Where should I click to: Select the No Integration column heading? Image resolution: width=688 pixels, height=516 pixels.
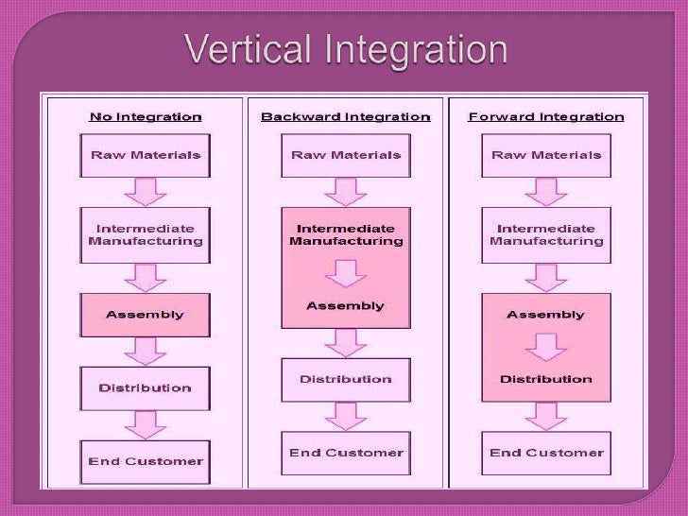(146, 117)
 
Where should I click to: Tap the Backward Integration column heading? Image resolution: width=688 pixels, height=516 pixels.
(345, 117)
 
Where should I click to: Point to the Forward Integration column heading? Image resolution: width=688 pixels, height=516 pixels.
(546, 117)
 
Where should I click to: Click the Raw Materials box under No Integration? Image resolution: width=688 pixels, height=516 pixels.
(146, 155)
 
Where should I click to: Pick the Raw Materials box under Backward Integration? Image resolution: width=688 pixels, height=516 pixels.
(345, 155)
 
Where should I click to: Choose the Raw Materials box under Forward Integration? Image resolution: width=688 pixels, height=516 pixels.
(546, 155)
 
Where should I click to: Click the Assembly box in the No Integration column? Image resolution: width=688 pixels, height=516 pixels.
(146, 315)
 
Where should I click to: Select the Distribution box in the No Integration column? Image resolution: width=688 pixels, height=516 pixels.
(146, 387)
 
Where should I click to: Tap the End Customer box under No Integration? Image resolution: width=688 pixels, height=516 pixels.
(146, 461)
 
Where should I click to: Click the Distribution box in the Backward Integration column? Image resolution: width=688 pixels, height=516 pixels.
(345, 380)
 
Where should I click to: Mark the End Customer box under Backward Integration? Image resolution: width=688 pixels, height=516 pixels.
(345, 454)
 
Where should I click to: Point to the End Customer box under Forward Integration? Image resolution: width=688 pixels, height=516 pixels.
(546, 454)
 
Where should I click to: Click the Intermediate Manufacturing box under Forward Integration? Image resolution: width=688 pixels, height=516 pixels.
(546, 234)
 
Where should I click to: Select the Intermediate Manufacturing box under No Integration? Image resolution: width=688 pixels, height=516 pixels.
(146, 234)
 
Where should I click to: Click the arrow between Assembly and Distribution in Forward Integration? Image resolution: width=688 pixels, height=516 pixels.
(546, 348)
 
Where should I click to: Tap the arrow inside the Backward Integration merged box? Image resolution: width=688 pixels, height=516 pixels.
(345, 273)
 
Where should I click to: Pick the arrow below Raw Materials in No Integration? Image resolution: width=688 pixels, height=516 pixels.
(146, 192)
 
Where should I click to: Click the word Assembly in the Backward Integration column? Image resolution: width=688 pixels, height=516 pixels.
(345, 306)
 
